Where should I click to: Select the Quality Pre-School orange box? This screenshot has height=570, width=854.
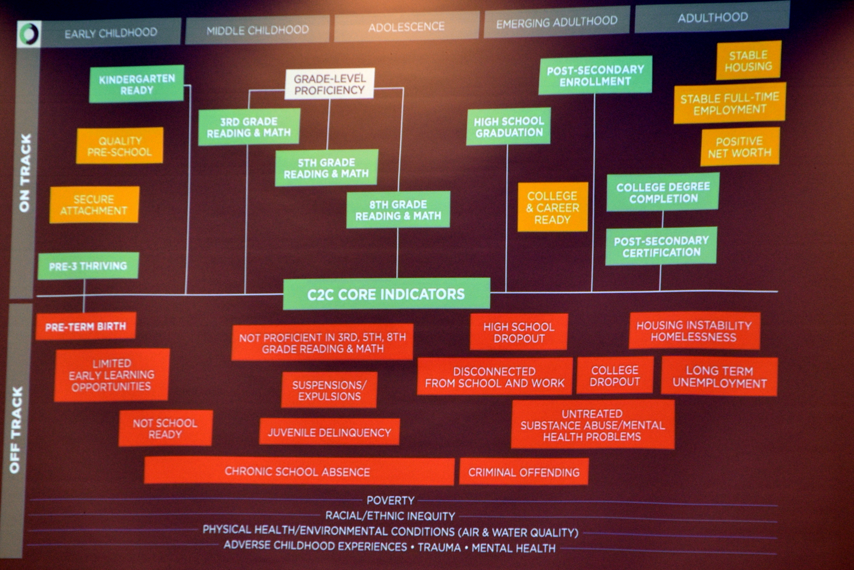tap(120, 146)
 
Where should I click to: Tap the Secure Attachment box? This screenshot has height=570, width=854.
tap(94, 205)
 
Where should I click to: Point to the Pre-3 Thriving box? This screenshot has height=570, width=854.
tap(88, 266)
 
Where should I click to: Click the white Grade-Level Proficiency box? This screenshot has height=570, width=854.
tap(330, 84)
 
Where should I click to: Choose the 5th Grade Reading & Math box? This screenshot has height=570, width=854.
tap(326, 168)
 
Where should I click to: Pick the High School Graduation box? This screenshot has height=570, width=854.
tap(508, 127)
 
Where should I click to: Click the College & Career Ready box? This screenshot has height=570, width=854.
tap(553, 207)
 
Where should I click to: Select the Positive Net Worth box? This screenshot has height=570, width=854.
tap(740, 147)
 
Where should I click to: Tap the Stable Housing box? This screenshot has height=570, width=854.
tap(748, 61)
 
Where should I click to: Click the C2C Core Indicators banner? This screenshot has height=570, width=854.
tap(386, 294)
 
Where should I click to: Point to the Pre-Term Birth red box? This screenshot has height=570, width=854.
tap(86, 326)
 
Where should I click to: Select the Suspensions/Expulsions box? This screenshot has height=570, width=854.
tap(329, 390)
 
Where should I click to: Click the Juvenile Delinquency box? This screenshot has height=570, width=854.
tap(329, 432)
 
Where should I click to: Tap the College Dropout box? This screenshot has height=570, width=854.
tap(615, 375)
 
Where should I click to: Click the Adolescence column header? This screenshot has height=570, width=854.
tap(406, 26)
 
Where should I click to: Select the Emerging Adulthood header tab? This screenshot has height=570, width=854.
tap(556, 22)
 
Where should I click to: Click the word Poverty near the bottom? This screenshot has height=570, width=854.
tap(390, 501)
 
